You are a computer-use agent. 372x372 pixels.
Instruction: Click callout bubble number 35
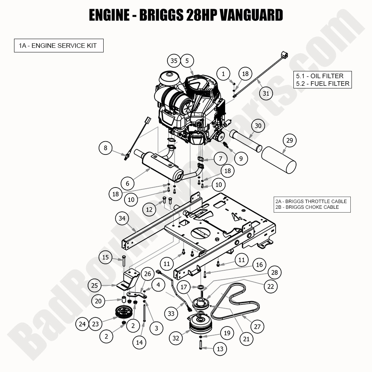pos(174,61)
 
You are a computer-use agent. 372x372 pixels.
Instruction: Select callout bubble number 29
pos(290,141)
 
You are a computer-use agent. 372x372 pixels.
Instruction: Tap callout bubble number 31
pos(266,93)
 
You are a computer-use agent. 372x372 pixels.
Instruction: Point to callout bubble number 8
pos(106,148)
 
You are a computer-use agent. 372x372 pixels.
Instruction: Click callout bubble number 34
pos(122,218)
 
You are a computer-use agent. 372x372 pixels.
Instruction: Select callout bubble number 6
pos(128,183)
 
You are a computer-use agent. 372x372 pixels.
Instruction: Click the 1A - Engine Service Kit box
pos(58,46)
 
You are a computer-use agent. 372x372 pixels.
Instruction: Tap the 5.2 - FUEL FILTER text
pos(323,84)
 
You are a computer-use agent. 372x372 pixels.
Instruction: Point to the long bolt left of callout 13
pos(200,345)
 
